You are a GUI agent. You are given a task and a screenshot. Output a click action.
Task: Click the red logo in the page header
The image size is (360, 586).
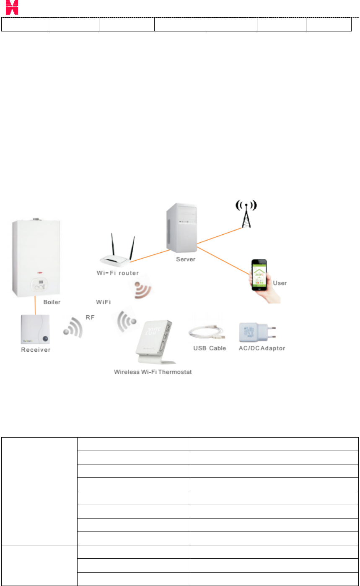12,7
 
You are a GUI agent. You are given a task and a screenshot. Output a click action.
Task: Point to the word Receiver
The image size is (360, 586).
36,350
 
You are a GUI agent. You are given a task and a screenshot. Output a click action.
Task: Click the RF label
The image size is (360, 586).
90,317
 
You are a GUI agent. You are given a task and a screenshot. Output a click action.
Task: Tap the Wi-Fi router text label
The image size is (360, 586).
115,273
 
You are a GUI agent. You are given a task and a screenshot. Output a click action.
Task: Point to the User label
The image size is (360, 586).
280,283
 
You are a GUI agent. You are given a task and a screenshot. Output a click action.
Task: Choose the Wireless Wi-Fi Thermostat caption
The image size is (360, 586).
153,372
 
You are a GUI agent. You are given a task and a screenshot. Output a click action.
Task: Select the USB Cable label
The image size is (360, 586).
209,348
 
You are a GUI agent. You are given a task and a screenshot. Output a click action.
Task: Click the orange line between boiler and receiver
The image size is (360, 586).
35,305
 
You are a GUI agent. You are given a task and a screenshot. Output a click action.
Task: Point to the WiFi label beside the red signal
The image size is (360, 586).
103,301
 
